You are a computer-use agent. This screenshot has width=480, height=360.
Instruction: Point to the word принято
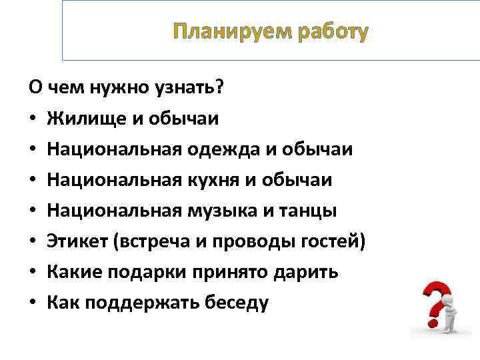click(x=228, y=272)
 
